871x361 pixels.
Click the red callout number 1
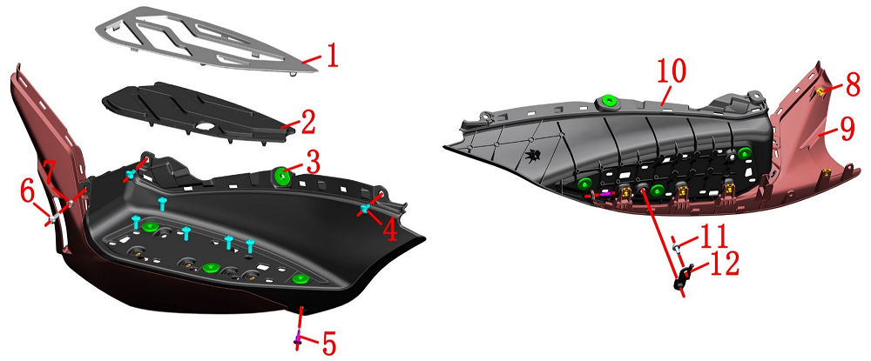[332, 57]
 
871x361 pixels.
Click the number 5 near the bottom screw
[329, 344]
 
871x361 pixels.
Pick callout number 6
[27, 192]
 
